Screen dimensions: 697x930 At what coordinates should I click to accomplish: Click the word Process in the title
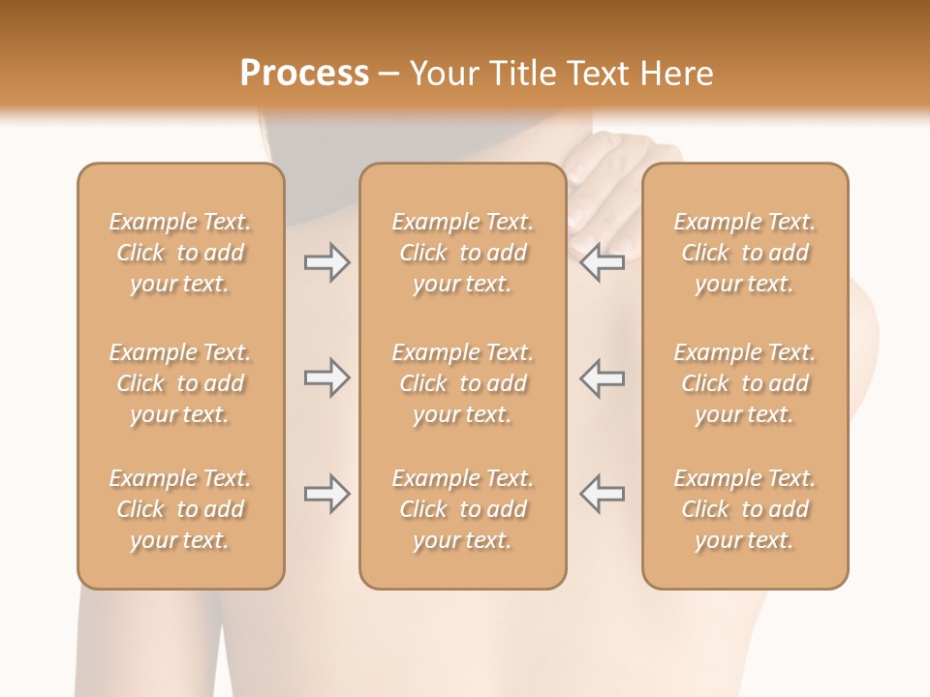(304, 74)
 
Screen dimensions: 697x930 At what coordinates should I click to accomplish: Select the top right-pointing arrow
(326, 262)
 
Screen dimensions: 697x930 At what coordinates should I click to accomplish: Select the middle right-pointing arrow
(326, 378)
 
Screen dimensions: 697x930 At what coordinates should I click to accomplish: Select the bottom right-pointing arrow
(326, 494)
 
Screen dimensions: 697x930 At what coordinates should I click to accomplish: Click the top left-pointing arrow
(602, 262)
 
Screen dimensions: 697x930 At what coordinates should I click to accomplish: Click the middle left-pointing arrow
(602, 378)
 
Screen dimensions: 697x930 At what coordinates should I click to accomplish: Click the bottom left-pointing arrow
(602, 494)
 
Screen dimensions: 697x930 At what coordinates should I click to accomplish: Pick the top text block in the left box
(180, 253)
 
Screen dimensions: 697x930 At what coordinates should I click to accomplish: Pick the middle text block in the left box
(180, 383)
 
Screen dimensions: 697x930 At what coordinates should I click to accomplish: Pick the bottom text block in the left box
(180, 509)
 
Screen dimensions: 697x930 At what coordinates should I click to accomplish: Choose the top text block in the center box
(462, 253)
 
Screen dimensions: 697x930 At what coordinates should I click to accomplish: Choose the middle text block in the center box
(462, 383)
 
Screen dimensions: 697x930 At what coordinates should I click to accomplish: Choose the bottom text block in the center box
(462, 509)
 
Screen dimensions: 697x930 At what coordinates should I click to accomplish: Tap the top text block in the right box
(744, 253)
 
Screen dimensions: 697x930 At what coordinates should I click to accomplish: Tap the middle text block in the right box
(744, 383)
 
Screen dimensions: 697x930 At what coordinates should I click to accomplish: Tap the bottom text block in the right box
(744, 509)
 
